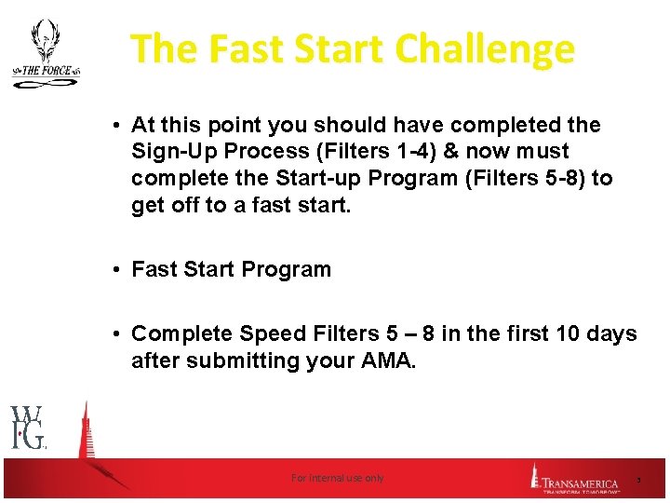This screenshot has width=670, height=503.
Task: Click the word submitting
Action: [x=240, y=360]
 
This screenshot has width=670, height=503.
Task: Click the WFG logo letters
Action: [x=27, y=428]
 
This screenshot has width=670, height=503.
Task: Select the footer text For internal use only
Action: [x=337, y=478]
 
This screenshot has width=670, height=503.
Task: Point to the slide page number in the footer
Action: [x=638, y=479]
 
